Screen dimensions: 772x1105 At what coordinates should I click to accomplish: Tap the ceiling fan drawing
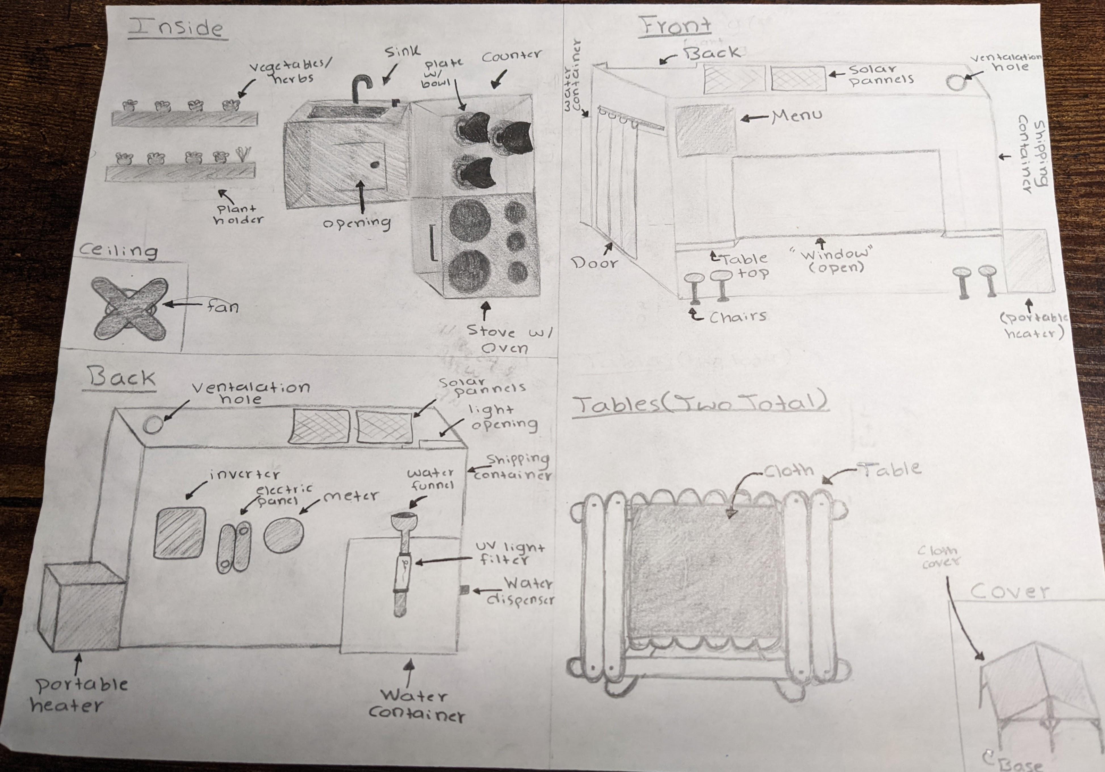(x=129, y=308)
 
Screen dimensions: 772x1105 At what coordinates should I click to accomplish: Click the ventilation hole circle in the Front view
(x=956, y=82)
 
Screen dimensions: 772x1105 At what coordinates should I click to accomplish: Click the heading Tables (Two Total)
(x=700, y=404)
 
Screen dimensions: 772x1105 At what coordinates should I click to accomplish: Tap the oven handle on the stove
(x=433, y=243)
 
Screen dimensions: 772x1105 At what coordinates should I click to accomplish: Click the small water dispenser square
(x=464, y=589)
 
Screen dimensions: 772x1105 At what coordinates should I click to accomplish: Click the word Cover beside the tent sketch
(x=1009, y=591)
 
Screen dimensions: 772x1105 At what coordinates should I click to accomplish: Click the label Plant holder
(x=239, y=214)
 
